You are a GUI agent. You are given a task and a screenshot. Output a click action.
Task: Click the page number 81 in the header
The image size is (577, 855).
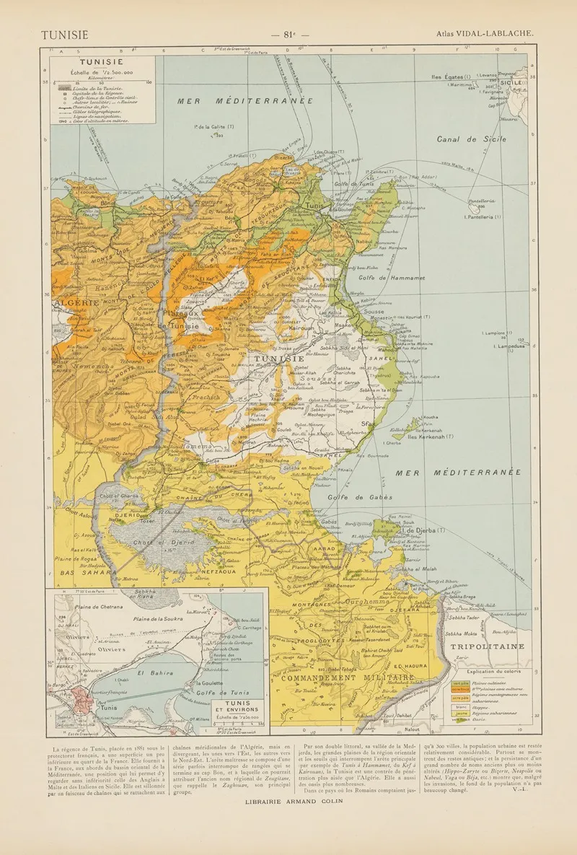coord(288,34)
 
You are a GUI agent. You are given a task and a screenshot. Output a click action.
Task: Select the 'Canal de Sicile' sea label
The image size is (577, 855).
coord(471,139)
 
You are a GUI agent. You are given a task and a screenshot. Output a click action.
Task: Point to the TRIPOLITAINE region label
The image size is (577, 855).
coord(487,646)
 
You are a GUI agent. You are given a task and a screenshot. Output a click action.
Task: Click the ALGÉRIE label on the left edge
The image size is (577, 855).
coord(74,303)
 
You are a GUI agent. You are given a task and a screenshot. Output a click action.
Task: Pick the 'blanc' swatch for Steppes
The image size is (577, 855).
coord(458,706)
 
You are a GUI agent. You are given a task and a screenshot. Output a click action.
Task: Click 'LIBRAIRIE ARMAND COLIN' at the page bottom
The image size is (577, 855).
coord(288,802)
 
